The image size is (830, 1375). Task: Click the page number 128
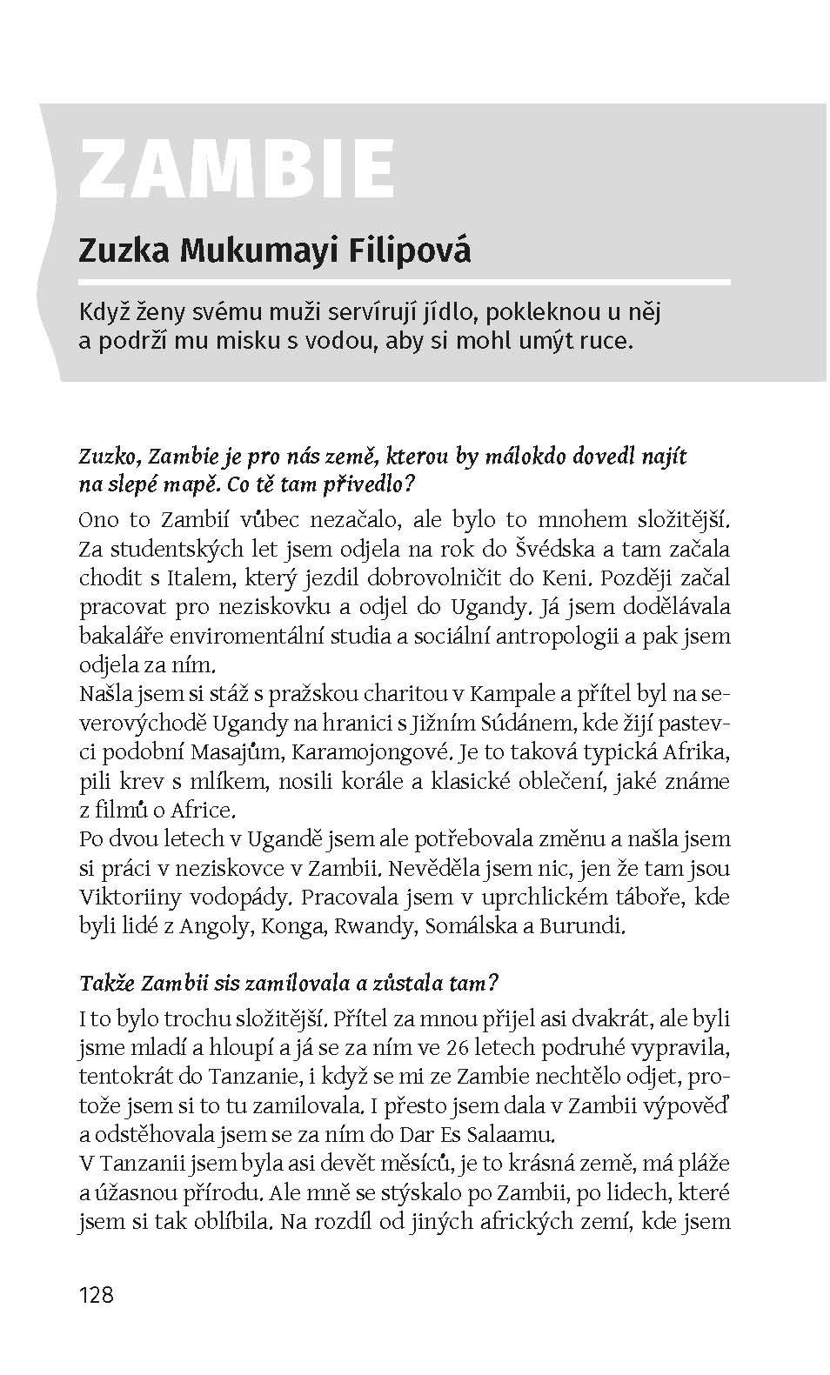coord(96,1295)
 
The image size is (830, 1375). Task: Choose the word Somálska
coord(470,926)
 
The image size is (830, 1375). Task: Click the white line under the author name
coord(405,282)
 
